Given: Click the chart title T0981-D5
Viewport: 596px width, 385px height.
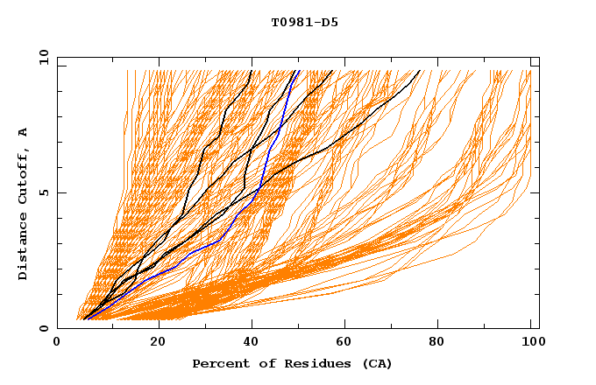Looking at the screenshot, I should point(304,22).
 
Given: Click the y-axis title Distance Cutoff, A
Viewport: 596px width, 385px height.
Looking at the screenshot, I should point(23,203).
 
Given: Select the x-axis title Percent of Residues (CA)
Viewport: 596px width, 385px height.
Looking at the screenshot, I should point(292,363).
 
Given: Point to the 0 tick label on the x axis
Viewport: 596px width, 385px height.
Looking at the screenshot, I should point(58,343).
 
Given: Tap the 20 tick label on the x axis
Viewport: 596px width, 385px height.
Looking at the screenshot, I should point(158,343).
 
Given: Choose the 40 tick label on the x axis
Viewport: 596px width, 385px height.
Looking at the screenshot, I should point(253,343).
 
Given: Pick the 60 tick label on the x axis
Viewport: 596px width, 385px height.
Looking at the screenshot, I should point(348,343).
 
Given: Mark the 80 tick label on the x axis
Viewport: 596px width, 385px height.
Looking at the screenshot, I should point(443,343).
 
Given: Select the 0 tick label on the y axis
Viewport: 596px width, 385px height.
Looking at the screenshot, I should point(44,329).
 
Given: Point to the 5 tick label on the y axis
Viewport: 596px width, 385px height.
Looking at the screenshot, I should point(44,192).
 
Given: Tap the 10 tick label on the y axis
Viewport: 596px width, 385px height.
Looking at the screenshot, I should point(40,57).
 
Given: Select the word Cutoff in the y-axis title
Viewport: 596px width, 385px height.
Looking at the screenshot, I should point(23,175).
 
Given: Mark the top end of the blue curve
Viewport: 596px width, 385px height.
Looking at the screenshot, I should point(299,71).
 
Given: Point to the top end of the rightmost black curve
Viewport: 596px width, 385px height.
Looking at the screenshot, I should point(420,71).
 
